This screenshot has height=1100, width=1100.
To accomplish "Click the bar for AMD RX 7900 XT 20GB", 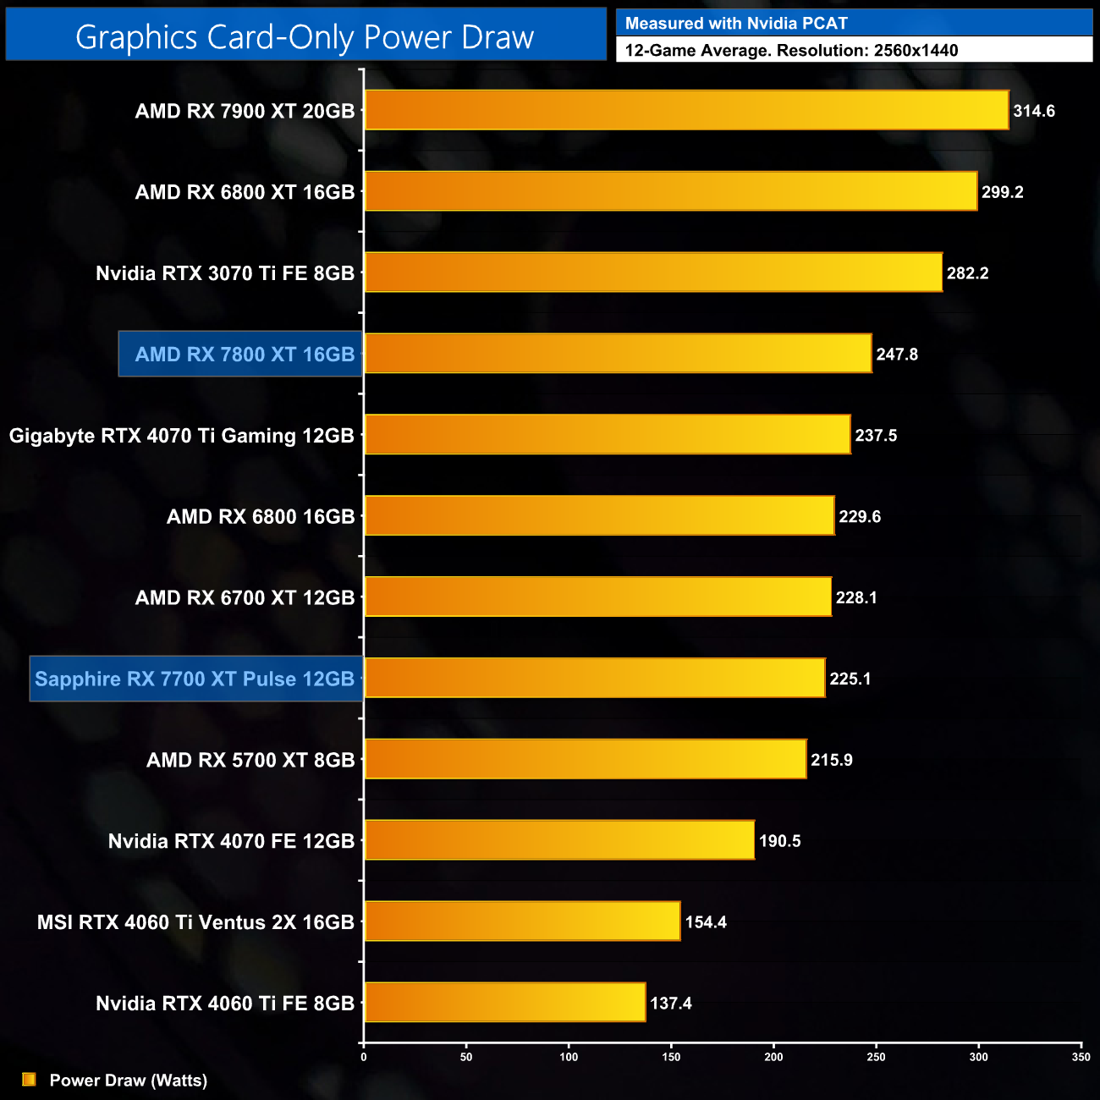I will pos(686,110).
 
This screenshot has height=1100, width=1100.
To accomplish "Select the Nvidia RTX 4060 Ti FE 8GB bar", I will pos(504,1002).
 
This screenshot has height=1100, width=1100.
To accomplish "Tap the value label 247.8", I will pos(897,355).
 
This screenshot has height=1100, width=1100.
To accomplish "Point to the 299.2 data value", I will pos(1002,192).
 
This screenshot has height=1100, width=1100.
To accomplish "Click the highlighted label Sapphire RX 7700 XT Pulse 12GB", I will pos(195,679).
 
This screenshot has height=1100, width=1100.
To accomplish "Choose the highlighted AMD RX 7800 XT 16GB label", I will pos(241,354).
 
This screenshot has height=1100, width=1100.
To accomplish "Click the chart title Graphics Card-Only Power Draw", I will pos(305,37).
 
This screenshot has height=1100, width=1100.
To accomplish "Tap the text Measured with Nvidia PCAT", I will pos(736,24).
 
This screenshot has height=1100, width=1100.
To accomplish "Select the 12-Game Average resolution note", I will pos(791,51).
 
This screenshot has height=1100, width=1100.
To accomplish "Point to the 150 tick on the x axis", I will pos(671,1057).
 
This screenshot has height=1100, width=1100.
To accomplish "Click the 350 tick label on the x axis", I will pos(1081,1057).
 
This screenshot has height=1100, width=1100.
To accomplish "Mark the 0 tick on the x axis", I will pos(364,1057).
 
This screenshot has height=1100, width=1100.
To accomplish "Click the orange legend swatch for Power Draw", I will pos(29,1079).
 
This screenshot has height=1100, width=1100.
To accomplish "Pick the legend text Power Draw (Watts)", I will pos(128,1080).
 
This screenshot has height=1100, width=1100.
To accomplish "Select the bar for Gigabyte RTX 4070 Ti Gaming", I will pos(607,434).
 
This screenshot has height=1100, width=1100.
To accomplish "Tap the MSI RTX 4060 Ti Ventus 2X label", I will pos(195,922).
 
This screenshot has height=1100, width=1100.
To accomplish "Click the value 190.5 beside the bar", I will pos(779,841).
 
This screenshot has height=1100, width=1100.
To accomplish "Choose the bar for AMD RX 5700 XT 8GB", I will pos(585,759).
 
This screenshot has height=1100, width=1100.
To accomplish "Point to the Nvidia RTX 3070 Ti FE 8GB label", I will pos(225,273).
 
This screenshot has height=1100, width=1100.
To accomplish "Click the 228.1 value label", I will pos(856,597).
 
